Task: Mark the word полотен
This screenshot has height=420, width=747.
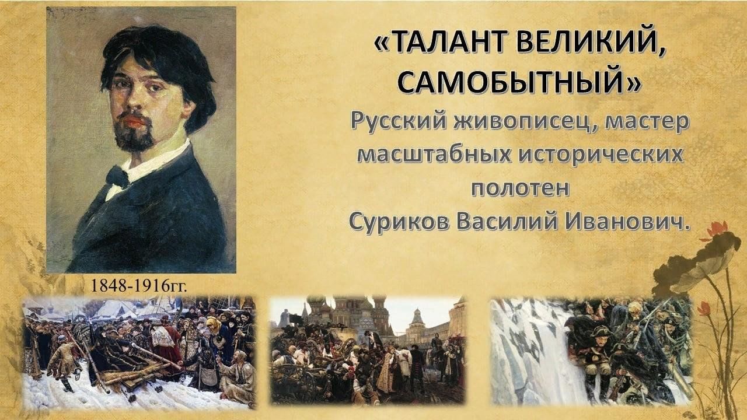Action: (520, 188)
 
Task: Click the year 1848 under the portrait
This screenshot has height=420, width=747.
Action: (108, 286)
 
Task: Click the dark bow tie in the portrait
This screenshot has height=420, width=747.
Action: (118, 177)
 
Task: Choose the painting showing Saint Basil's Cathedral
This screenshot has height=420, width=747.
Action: (368, 349)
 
